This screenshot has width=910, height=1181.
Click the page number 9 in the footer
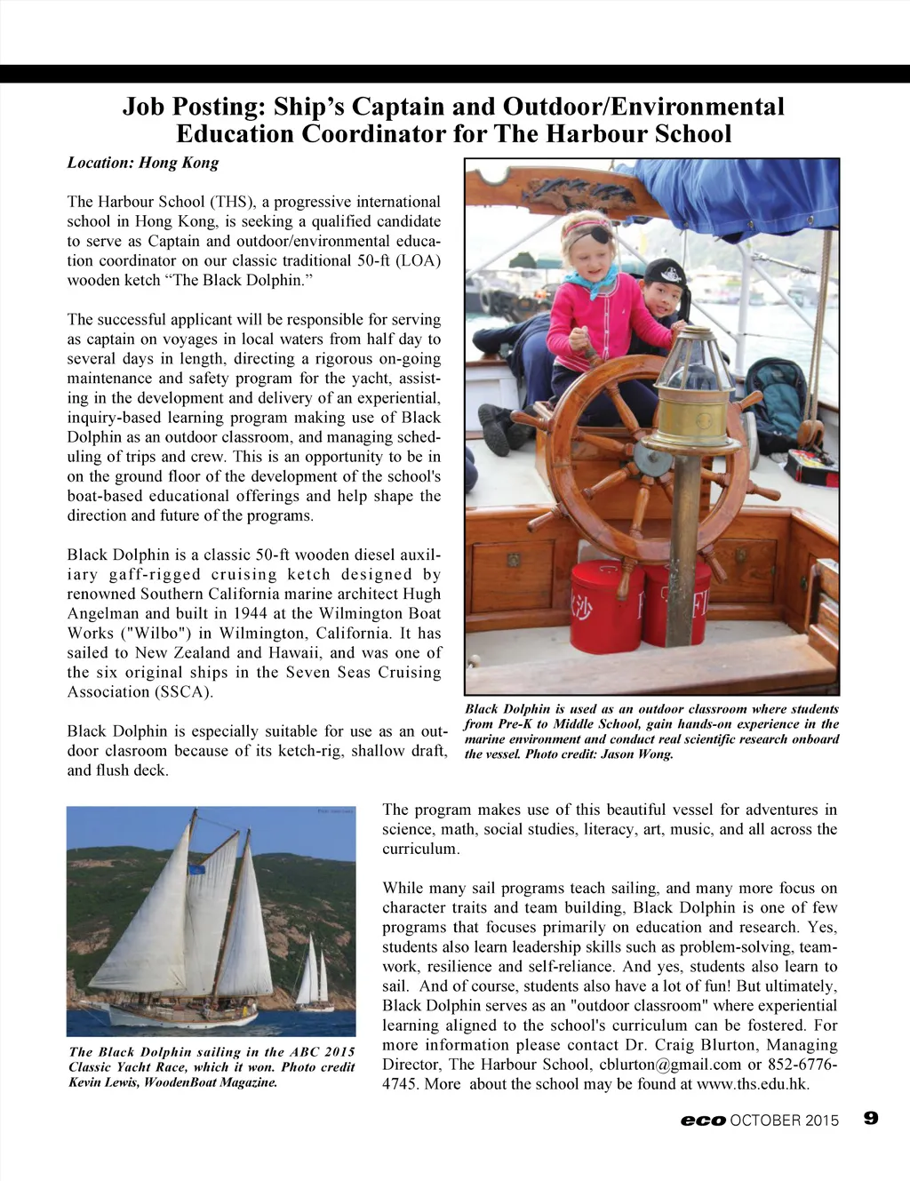[871, 1118]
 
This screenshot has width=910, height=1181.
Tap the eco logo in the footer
[703, 1121]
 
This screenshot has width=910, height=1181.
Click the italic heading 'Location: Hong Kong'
[143, 163]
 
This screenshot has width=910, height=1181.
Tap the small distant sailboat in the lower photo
[314, 977]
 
